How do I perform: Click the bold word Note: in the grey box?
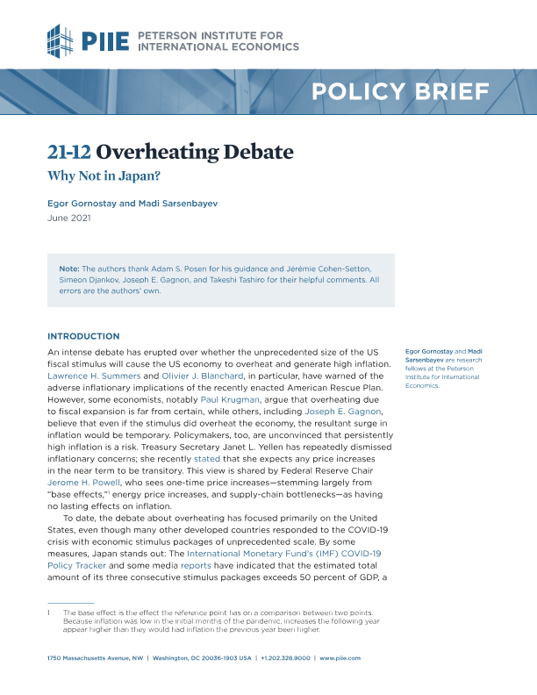point(68,267)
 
